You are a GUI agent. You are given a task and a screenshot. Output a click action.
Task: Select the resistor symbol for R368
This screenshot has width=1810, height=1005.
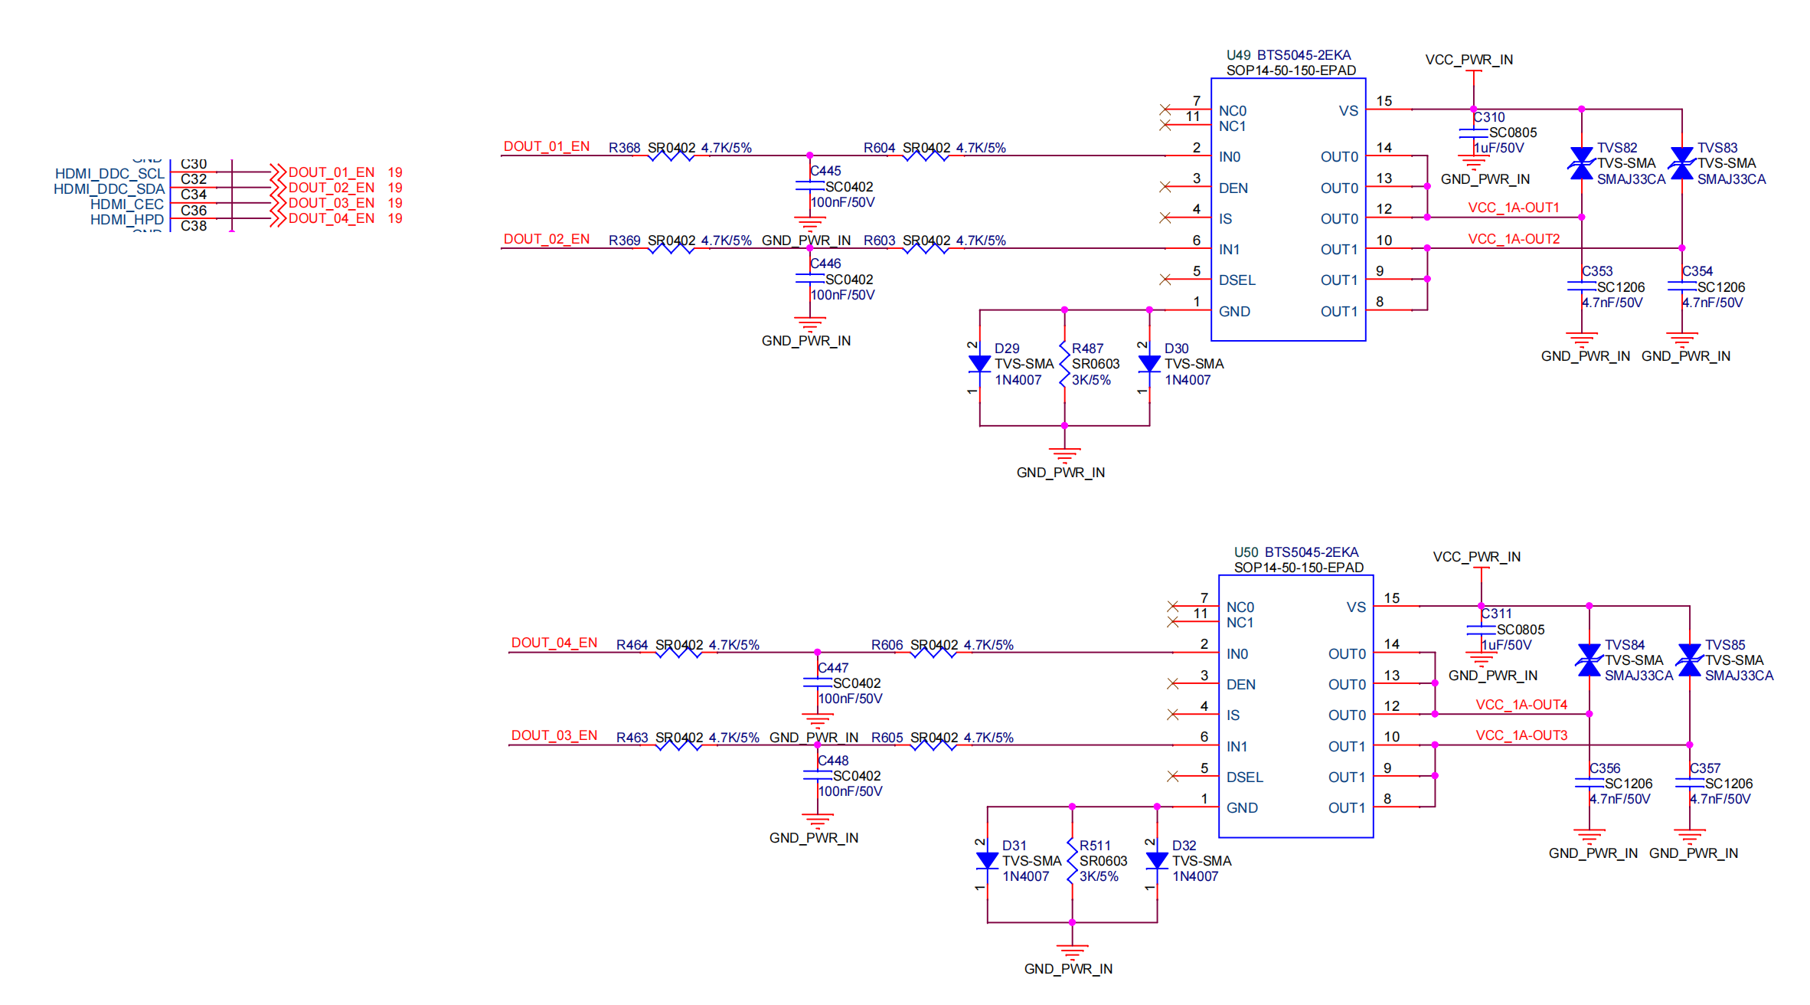click(671, 155)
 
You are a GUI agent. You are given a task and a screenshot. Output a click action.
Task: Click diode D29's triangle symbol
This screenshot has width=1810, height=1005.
click(979, 364)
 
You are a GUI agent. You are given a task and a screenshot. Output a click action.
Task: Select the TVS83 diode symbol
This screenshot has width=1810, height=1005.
click(1681, 163)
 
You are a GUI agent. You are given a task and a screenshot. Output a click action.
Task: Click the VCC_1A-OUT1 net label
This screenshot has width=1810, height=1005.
click(1513, 208)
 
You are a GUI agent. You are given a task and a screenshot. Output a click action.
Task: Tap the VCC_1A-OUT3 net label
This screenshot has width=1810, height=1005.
click(1521, 735)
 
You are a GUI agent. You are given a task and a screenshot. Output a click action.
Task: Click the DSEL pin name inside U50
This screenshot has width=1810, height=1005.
click(1244, 777)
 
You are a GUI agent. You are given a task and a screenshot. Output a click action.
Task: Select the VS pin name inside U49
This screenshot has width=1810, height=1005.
click(1348, 111)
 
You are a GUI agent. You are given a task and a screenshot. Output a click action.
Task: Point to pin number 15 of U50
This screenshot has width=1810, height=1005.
click(1391, 598)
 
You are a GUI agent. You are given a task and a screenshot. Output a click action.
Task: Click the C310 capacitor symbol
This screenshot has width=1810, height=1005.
click(1473, 133)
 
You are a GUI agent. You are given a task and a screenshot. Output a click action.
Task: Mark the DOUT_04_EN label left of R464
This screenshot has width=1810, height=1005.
click(554, 643)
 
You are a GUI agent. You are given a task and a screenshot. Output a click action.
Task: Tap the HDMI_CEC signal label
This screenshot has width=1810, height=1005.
click(126, 204)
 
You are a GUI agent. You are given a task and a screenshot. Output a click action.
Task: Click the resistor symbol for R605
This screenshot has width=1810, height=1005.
click(933, 745)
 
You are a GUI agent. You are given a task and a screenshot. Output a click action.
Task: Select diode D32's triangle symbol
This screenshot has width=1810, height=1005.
click(1156, 860)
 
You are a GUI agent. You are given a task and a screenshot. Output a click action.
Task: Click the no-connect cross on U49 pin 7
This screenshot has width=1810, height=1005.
click(1165, 110)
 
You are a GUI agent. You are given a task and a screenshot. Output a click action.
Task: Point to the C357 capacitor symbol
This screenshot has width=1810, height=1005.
click(1689, 783)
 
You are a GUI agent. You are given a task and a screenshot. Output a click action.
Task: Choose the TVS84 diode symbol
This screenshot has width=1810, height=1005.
click(1589, 660)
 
